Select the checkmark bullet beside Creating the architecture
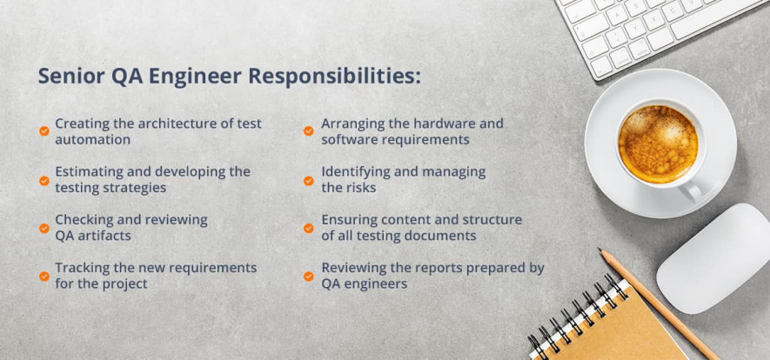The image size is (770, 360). [44, 131]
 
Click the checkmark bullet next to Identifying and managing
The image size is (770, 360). [308, 181]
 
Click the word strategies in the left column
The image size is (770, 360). [135, 188]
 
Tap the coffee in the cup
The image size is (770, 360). [657, 143]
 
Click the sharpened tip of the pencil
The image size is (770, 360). [602, 252]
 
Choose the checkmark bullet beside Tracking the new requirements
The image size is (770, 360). [44, 277]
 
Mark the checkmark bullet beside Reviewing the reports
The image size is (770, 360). [308, 277]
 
